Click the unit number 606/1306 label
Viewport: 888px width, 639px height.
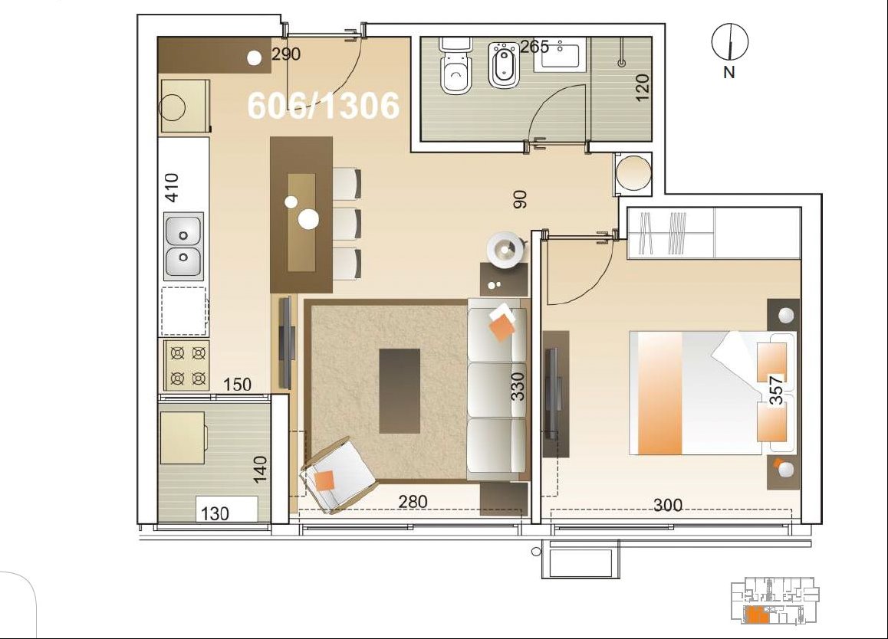(x=324, y=106)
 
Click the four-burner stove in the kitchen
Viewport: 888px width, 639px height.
(x=187, y=365)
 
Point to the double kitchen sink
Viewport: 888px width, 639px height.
(x=183, y=246)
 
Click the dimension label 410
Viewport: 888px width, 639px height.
(x=172, y=188)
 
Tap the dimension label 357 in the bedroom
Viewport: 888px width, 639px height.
(x=777, y=391)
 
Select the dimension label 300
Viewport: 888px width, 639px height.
(x=668, y=504)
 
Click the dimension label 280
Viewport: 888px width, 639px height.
(x=413, y=501)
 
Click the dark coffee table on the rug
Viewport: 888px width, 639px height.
(x=400, y=391)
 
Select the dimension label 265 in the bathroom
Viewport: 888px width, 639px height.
(x=534, y=47)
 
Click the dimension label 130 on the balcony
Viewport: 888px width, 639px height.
(x=215, y=513)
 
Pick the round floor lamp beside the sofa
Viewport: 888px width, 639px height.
(x=505, y=250)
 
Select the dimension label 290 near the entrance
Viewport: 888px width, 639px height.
(x=286, y=54)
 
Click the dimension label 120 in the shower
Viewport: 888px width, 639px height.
(x=642, y=87)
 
